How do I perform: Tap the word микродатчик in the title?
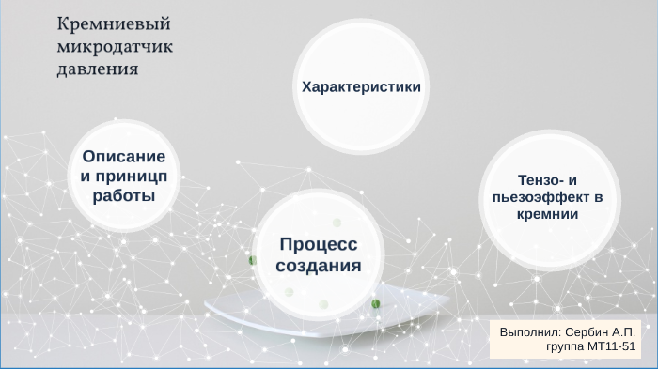tap(116, 47)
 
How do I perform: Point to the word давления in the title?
tap(99, 69)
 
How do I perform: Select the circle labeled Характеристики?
tap(360, 86)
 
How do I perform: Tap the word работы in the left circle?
tap(123, 195)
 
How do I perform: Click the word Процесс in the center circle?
tap(318, 244)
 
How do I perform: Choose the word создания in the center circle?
tap(318, 266)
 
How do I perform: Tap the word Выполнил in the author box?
tap(530, 332)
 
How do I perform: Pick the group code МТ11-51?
tap(611, 346)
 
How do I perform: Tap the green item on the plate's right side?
tap(376, 303)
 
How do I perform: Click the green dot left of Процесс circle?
tap(252, 259)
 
